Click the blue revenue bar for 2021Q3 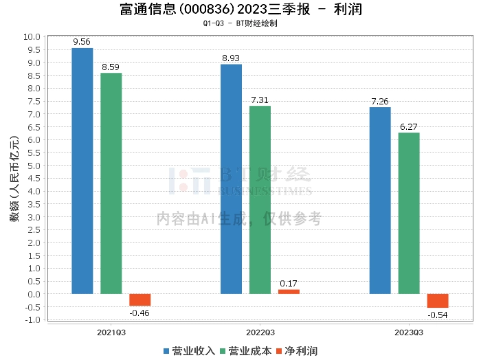coord(82,171)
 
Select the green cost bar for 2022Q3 coord(260,200)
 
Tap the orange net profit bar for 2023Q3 coord(438,301)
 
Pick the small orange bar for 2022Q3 coord(289,291)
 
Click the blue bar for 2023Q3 coord(380,201)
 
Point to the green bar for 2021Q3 coord(111,183)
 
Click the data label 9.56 coord(82,42)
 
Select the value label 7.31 coord(260,100)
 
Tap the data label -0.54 coord(438,315)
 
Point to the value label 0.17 coord(289,283)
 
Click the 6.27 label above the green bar coord(409,126)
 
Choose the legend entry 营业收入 coord(189,351)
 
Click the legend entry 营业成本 coord(246,351)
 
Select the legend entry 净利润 coord(297,351)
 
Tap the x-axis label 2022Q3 coord(260,333)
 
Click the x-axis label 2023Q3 coord(409,333)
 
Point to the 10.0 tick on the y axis coord(32,37)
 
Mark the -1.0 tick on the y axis coord(32,320)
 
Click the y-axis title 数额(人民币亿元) coord(14,179)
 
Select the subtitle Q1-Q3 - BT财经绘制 coord(240,23)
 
